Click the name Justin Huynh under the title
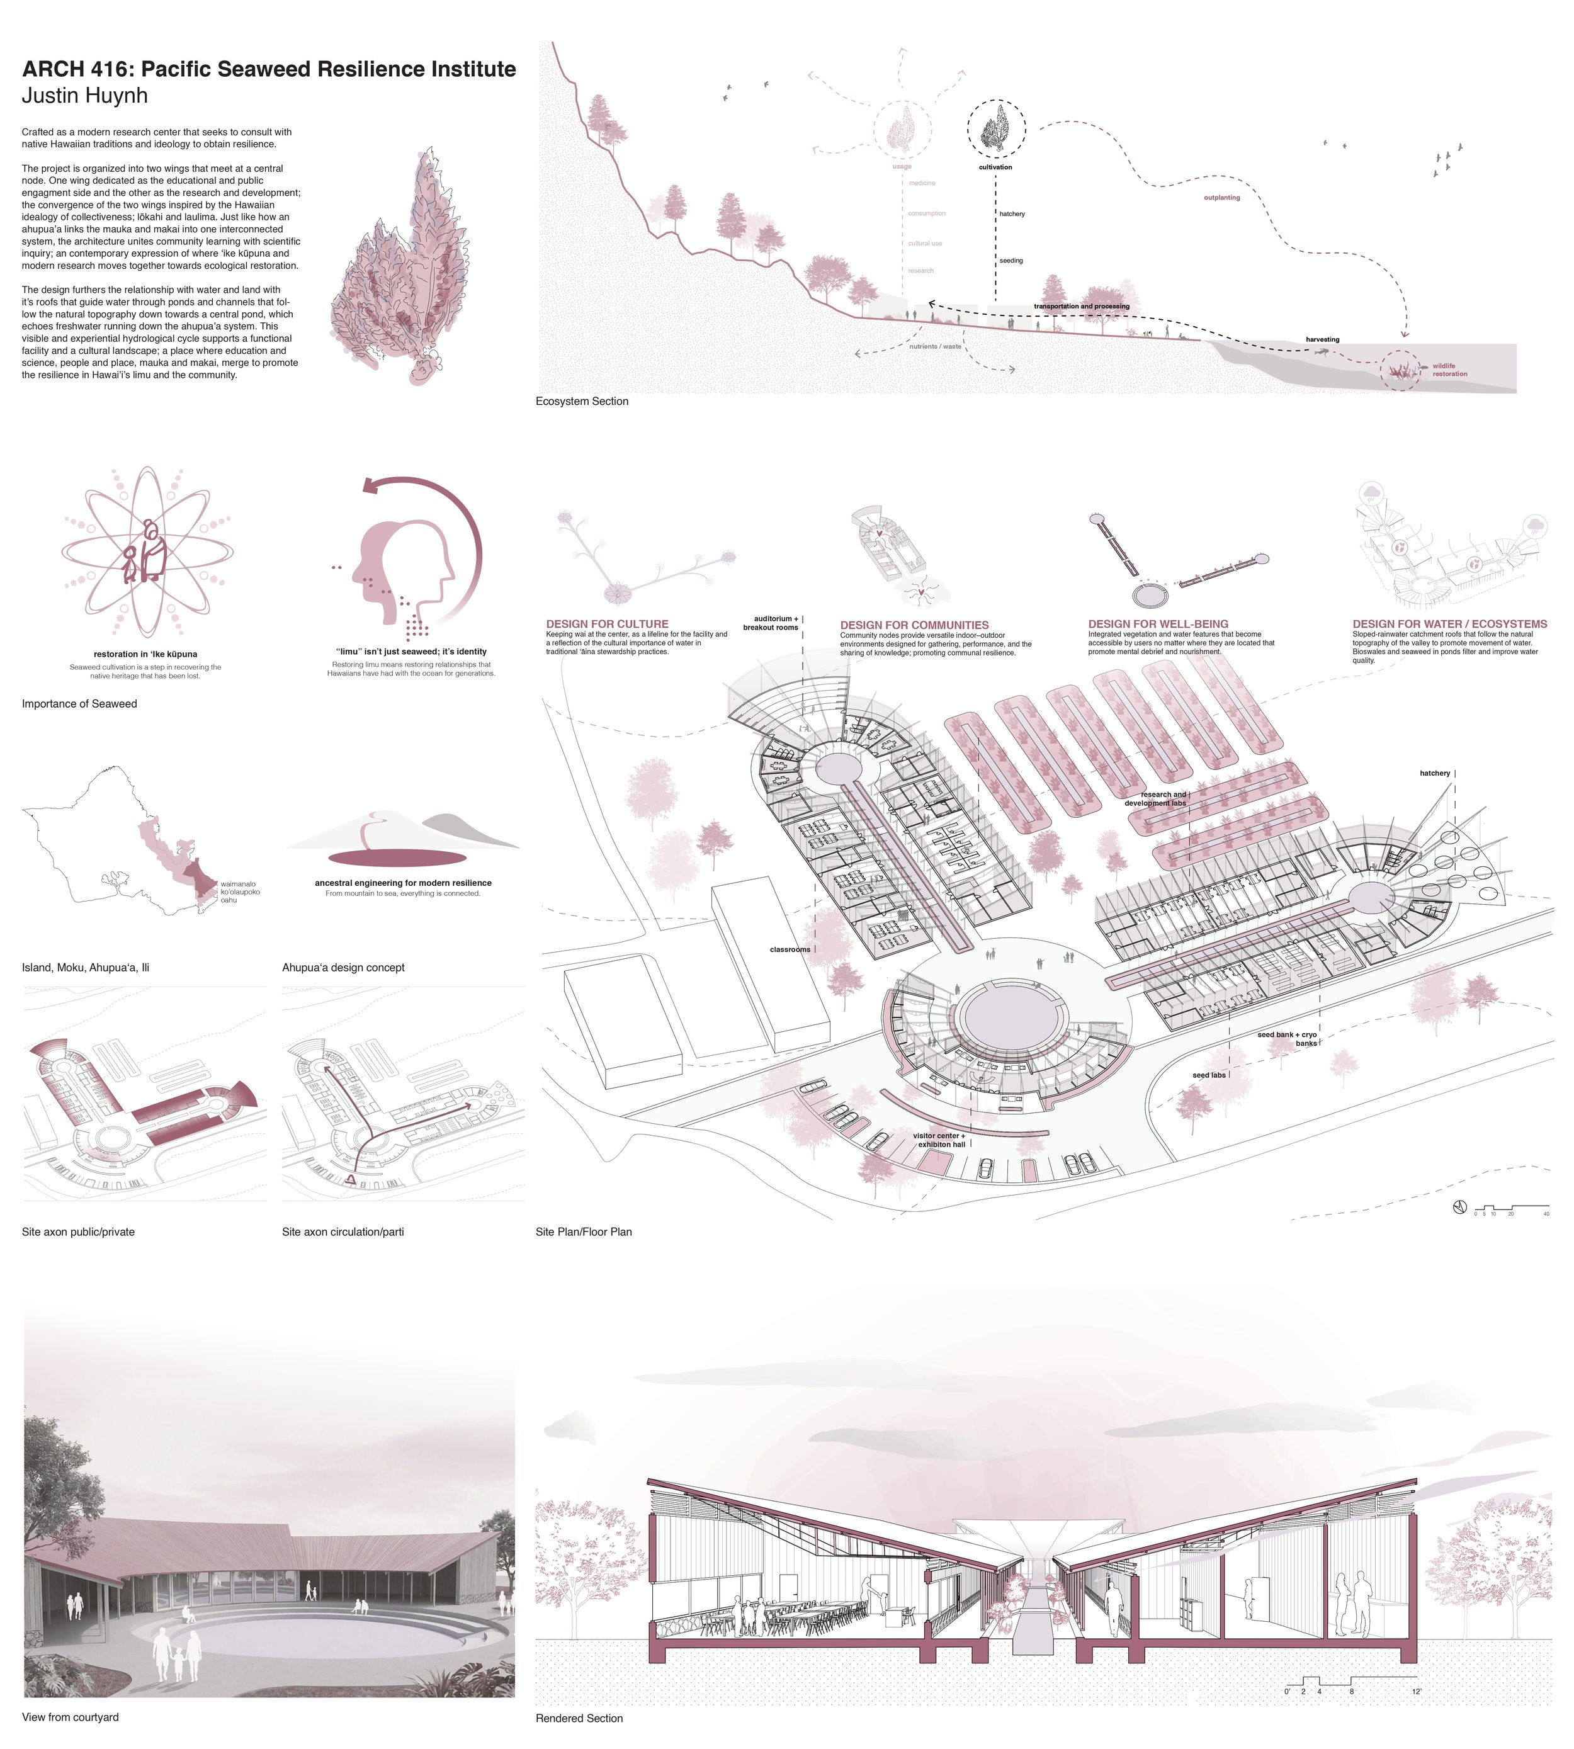coord(85,96)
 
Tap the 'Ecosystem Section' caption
coord(581,401)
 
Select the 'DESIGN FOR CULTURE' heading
coord(607,624)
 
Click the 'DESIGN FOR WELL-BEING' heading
coord(1158,624)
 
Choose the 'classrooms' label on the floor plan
coord(790,950)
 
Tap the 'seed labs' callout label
coord(1208,1075)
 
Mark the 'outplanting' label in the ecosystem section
coord(1221,198)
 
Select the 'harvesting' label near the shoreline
coord(1322,340)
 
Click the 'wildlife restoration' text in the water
coord(1449,370)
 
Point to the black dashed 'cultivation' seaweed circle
coord(996,128)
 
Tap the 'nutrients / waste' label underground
coord(935,346)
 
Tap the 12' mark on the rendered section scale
coord(1417,1691)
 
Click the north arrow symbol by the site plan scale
coord(1460,1208)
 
